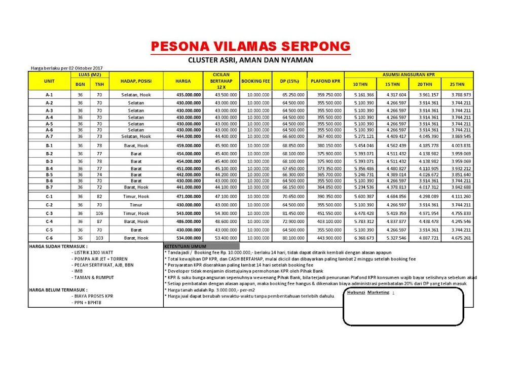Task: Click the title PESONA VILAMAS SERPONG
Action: (250, 47)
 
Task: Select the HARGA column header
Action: (183, 81)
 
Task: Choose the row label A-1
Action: (49, 95)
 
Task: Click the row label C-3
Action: (49, 213)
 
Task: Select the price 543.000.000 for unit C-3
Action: (186, 213)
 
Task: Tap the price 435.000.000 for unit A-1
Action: (186, 95)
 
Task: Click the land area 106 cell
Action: (99, 213)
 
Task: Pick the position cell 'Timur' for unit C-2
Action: (136, 205)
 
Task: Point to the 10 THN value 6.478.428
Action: (363, 213)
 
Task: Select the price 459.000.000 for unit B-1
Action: (186, 146)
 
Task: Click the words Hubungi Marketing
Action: (368, 292)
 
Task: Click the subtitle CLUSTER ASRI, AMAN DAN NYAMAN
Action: (250, 60)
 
